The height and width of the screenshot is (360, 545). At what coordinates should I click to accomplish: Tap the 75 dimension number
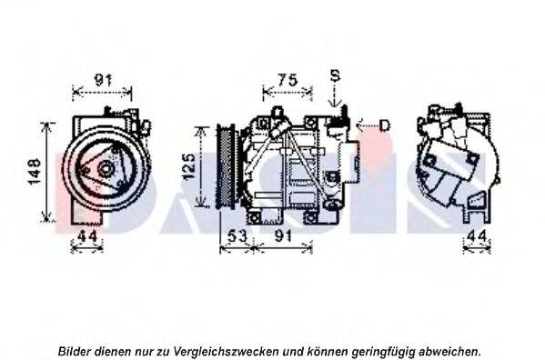(288, 79)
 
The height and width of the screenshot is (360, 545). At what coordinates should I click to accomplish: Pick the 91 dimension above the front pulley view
(103, 80)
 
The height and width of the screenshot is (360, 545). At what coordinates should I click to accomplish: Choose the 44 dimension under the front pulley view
(86, 237)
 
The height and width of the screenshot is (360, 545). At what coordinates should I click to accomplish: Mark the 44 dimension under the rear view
(476, 237)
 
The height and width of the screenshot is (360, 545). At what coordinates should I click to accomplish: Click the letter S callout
(335, 75)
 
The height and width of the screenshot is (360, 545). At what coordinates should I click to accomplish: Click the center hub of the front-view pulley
(106, 168)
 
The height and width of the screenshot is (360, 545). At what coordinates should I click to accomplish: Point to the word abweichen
(451, 351)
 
